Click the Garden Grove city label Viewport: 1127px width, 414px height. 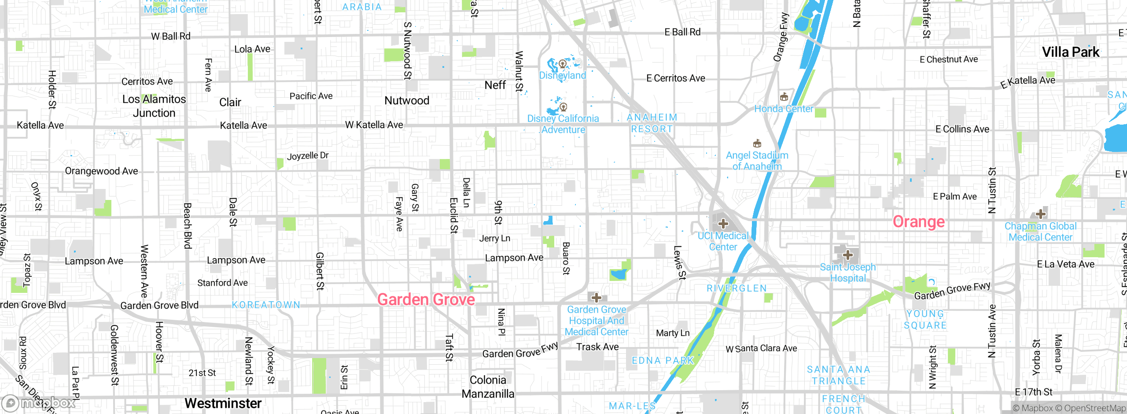pyautogui.click(x=426, y=299)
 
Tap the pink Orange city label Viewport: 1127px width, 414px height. pyautogui.click(x=918, y=222)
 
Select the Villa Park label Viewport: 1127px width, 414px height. pyautogui.click(x=1070, y=52)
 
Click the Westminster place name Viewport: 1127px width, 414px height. pyautogui.click(x=223, y=403)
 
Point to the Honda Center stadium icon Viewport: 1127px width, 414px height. pyautogui.click(x=784, y=97)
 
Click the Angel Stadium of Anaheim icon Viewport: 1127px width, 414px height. pyautogui.click(x=757, y=144)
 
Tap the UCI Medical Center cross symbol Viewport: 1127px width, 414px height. pyautogui.click(x=723, y=224)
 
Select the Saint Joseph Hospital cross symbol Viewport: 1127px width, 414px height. pyautogui.click(x=847, y=255)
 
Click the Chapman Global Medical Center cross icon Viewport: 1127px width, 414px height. pyautogui.click(x=1040, y=214)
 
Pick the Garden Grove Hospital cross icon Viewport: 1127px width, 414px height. pyautogui.click(x=596, y=298)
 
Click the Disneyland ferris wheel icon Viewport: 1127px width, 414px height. pyautogui.click(x=563, y=64)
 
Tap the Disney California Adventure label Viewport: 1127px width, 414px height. pyautogui.click(x=563, y=124)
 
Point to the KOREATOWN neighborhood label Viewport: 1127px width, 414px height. pyautogui.click(x=266, y=305)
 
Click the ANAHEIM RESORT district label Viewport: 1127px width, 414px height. pyautogui.click(x=652, y=123)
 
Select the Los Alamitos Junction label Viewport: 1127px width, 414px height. pyautogui.click(x=154, y=106)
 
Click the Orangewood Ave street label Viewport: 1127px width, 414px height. pyautogui.click(x=101, y=171)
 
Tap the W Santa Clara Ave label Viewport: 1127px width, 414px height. pyautogui.click(x=761, y=348)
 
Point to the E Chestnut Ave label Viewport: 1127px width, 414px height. pyautogui.click(x=949, y=59)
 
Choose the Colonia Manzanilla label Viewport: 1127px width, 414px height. pyautogui.click(x=488, y=387)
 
